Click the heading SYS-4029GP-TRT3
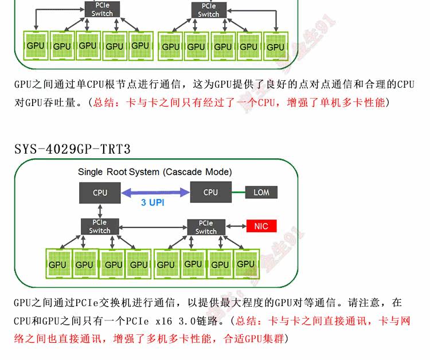(72, 150)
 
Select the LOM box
(261, 193)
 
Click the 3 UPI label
(153, 202)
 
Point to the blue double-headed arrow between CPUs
(154, 193)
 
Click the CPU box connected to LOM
(210, 193)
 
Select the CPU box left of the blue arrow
(100, 193)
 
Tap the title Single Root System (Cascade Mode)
(155, 172)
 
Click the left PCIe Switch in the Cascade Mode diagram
(100, 226)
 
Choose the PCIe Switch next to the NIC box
(206, 227)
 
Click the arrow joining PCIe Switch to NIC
(234, 226)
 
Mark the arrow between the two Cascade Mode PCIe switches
(153, 227)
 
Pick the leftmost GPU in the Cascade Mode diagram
(57, 264)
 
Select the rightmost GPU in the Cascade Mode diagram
(245, 264)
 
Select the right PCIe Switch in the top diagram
(208, 10)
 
